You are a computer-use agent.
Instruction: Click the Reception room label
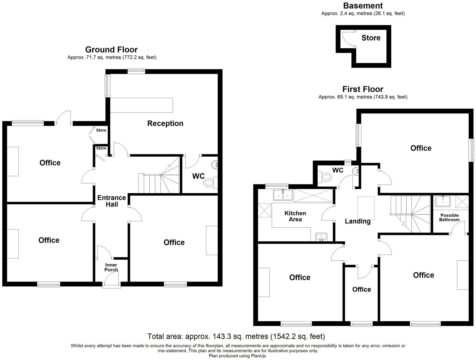(165, 123)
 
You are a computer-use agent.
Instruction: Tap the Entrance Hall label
(111, 201)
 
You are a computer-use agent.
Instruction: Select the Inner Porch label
(111, 267)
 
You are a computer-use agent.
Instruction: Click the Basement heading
(363, 6)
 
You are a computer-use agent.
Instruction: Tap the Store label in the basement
(371, 38)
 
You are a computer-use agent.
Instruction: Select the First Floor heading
(363, 89)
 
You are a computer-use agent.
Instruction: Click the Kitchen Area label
(295, 216)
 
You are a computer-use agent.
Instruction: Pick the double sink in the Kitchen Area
(283, 195)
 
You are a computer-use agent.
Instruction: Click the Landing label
(358, 221)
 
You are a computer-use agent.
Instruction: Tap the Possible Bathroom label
(449, 217)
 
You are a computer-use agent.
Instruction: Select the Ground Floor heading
(111, 50)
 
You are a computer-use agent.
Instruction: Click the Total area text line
(236, 336)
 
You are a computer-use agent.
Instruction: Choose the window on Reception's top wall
(136, 71)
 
